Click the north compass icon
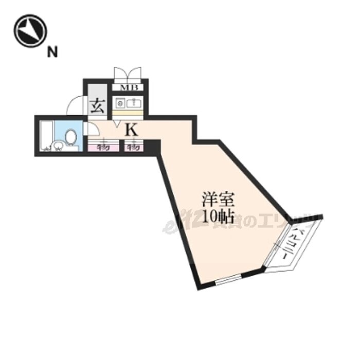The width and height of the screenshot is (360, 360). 30,30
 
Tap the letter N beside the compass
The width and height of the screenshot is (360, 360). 52,51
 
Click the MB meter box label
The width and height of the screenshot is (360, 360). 129,87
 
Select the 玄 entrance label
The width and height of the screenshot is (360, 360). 98,107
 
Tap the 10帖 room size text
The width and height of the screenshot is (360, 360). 214,217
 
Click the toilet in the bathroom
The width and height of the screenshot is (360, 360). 71,137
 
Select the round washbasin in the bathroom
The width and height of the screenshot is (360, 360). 58,148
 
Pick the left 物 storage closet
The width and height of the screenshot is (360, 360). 102,147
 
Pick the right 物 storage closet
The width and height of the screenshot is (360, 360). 133,147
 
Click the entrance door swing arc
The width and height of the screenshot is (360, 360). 75,105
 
